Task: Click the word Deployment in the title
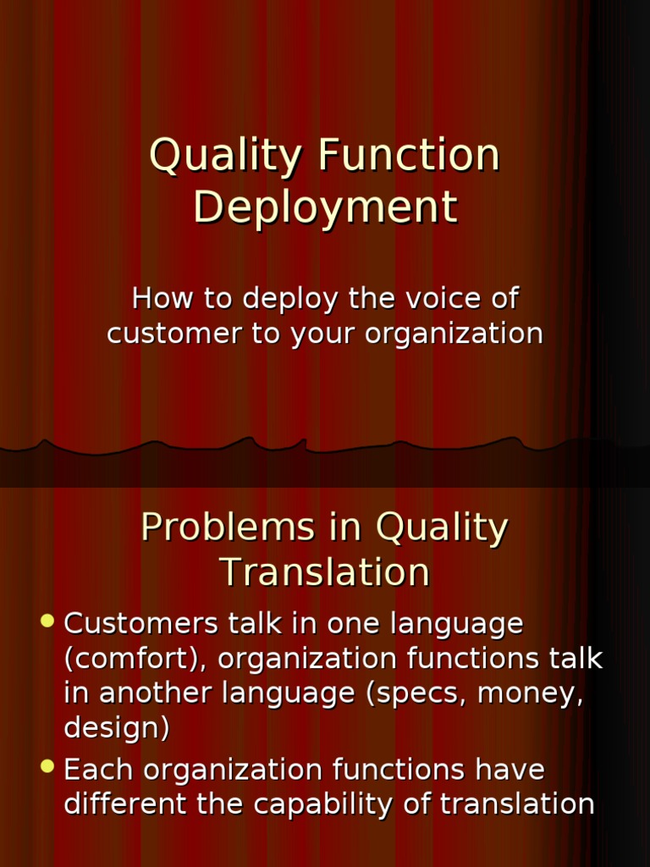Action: pyautogui.click(x=325, y=207)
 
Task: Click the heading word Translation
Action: pyautogui.click(x=325, y=572)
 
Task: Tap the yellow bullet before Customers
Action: pyautogui.click(x=47, y=621)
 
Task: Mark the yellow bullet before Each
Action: pyautogui.click(x=47, y=768)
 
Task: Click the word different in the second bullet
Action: pyautogui.click(x=126, y=804)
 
